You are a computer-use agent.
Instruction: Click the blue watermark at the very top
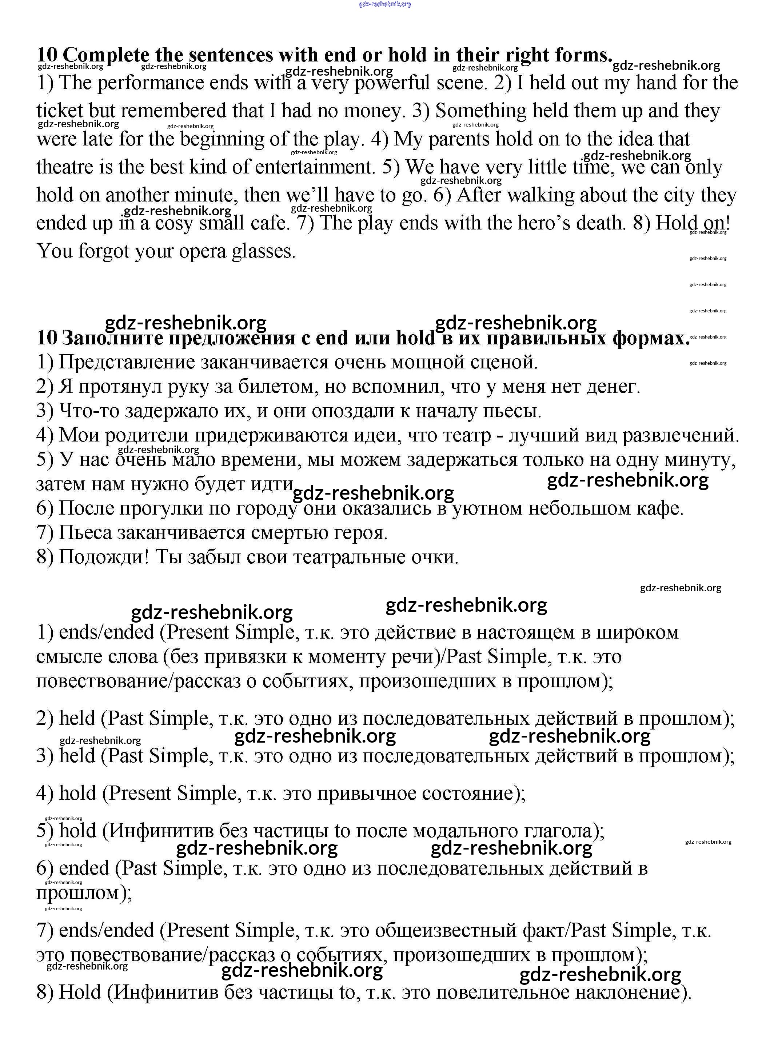385,4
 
